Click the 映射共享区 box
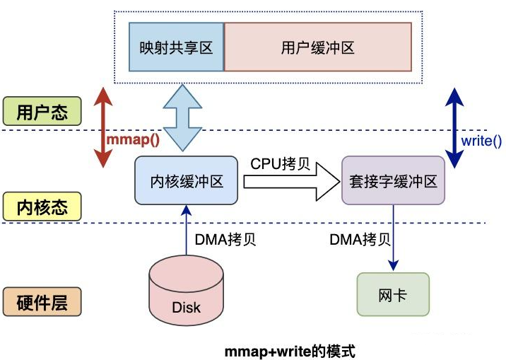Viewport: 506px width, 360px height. [176, 47]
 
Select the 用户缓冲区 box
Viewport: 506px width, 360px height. [317, 47]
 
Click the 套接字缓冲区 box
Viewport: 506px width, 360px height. [394, 181]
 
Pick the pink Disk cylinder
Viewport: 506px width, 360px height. [186, 293]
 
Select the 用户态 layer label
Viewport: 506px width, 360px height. [42, 112]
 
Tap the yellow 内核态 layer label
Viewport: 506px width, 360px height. [42, 207]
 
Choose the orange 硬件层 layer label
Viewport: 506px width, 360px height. [42, 303]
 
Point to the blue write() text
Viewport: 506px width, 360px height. [481, 140]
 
